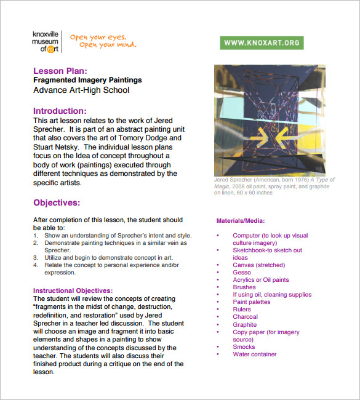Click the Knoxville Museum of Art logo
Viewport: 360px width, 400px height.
[x=48, y=41]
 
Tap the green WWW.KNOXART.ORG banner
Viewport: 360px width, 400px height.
[x=262, y=42]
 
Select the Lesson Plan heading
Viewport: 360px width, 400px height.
[x=64, y=71]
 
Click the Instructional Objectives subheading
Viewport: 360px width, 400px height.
[x=73, y=290]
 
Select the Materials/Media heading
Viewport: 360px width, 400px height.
[x=241, y=220]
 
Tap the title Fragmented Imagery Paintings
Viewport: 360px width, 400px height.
[x=87, y=80]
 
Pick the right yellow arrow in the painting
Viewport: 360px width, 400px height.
[x=279, y=134]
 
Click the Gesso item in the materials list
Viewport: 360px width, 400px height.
[x=242, y=273]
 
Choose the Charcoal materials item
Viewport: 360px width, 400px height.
[x=245, y=317]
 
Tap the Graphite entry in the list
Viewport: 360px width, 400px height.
[x=244, y=324]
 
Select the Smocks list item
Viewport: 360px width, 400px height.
[x=243, y=347]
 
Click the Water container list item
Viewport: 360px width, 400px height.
[x=254, y=354]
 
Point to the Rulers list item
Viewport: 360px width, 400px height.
[x=242, y=310]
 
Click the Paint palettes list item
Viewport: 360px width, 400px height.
[x=251, y=302]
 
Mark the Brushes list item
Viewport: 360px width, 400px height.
[x=244, y=287]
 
